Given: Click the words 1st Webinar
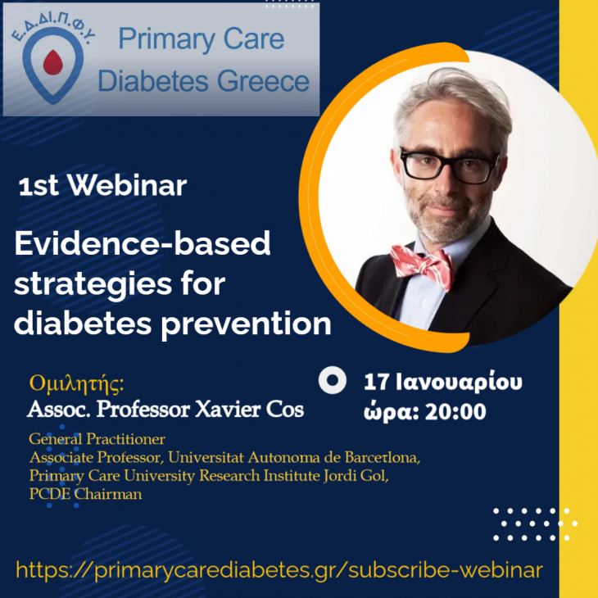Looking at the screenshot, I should pos(102,186).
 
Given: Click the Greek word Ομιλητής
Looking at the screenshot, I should pos(79,383).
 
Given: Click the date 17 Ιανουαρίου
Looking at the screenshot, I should pos(443,381).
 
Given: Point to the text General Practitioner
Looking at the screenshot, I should pos(97,439).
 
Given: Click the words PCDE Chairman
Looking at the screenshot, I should pos(85,493).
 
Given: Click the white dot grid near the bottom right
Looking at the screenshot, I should pos(534,524).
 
